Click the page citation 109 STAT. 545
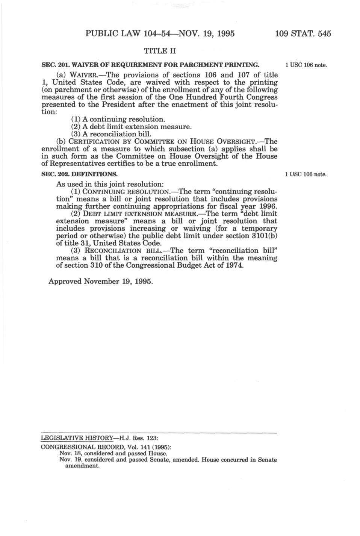click(303, 33)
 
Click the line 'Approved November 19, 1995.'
click(101, 281)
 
